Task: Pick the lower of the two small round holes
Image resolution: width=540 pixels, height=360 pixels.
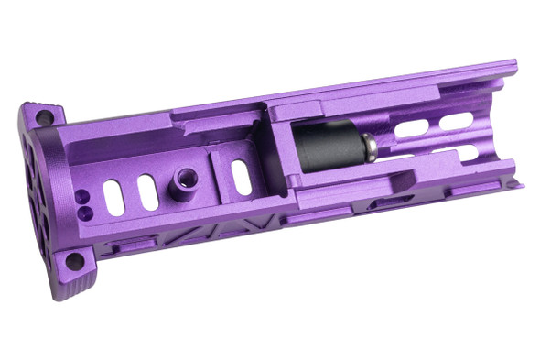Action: pyautogui.click(x=84, y=211)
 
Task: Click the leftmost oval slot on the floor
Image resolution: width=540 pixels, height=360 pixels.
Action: pyautogui.click(x=113, y=197)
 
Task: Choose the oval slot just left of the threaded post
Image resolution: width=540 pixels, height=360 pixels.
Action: pyautogui.click(x=147, y=191)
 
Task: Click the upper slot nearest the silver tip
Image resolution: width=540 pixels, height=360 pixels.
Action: pyautogui.click(x=409, y=128)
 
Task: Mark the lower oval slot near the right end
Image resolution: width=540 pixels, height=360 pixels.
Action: pyautogui.click(x=458, y=151)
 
